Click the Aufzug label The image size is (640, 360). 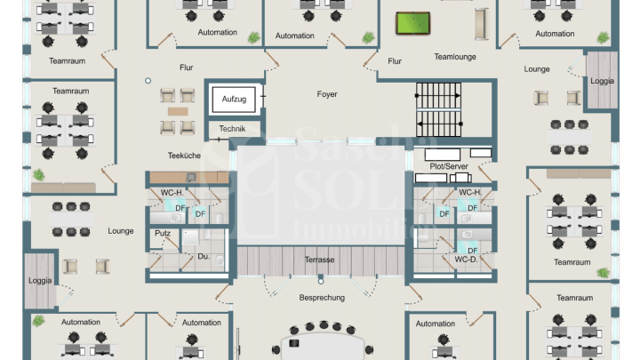pos(235,98)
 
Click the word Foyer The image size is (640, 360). pos(327,94)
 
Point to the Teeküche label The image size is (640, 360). pos(184,156)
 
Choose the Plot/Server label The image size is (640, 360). pos(449,166)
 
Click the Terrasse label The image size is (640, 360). pos(319,260)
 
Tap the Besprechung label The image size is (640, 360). pos(322,298)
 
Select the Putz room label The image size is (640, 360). pos(163,234)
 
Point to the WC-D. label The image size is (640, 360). pos(468,260)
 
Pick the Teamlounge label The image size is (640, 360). pos(455,57)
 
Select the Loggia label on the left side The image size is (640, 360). pos(40,281)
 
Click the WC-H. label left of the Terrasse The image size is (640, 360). pos(172,193)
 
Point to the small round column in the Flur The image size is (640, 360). pos(148,81)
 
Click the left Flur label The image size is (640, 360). pos(186,68)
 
